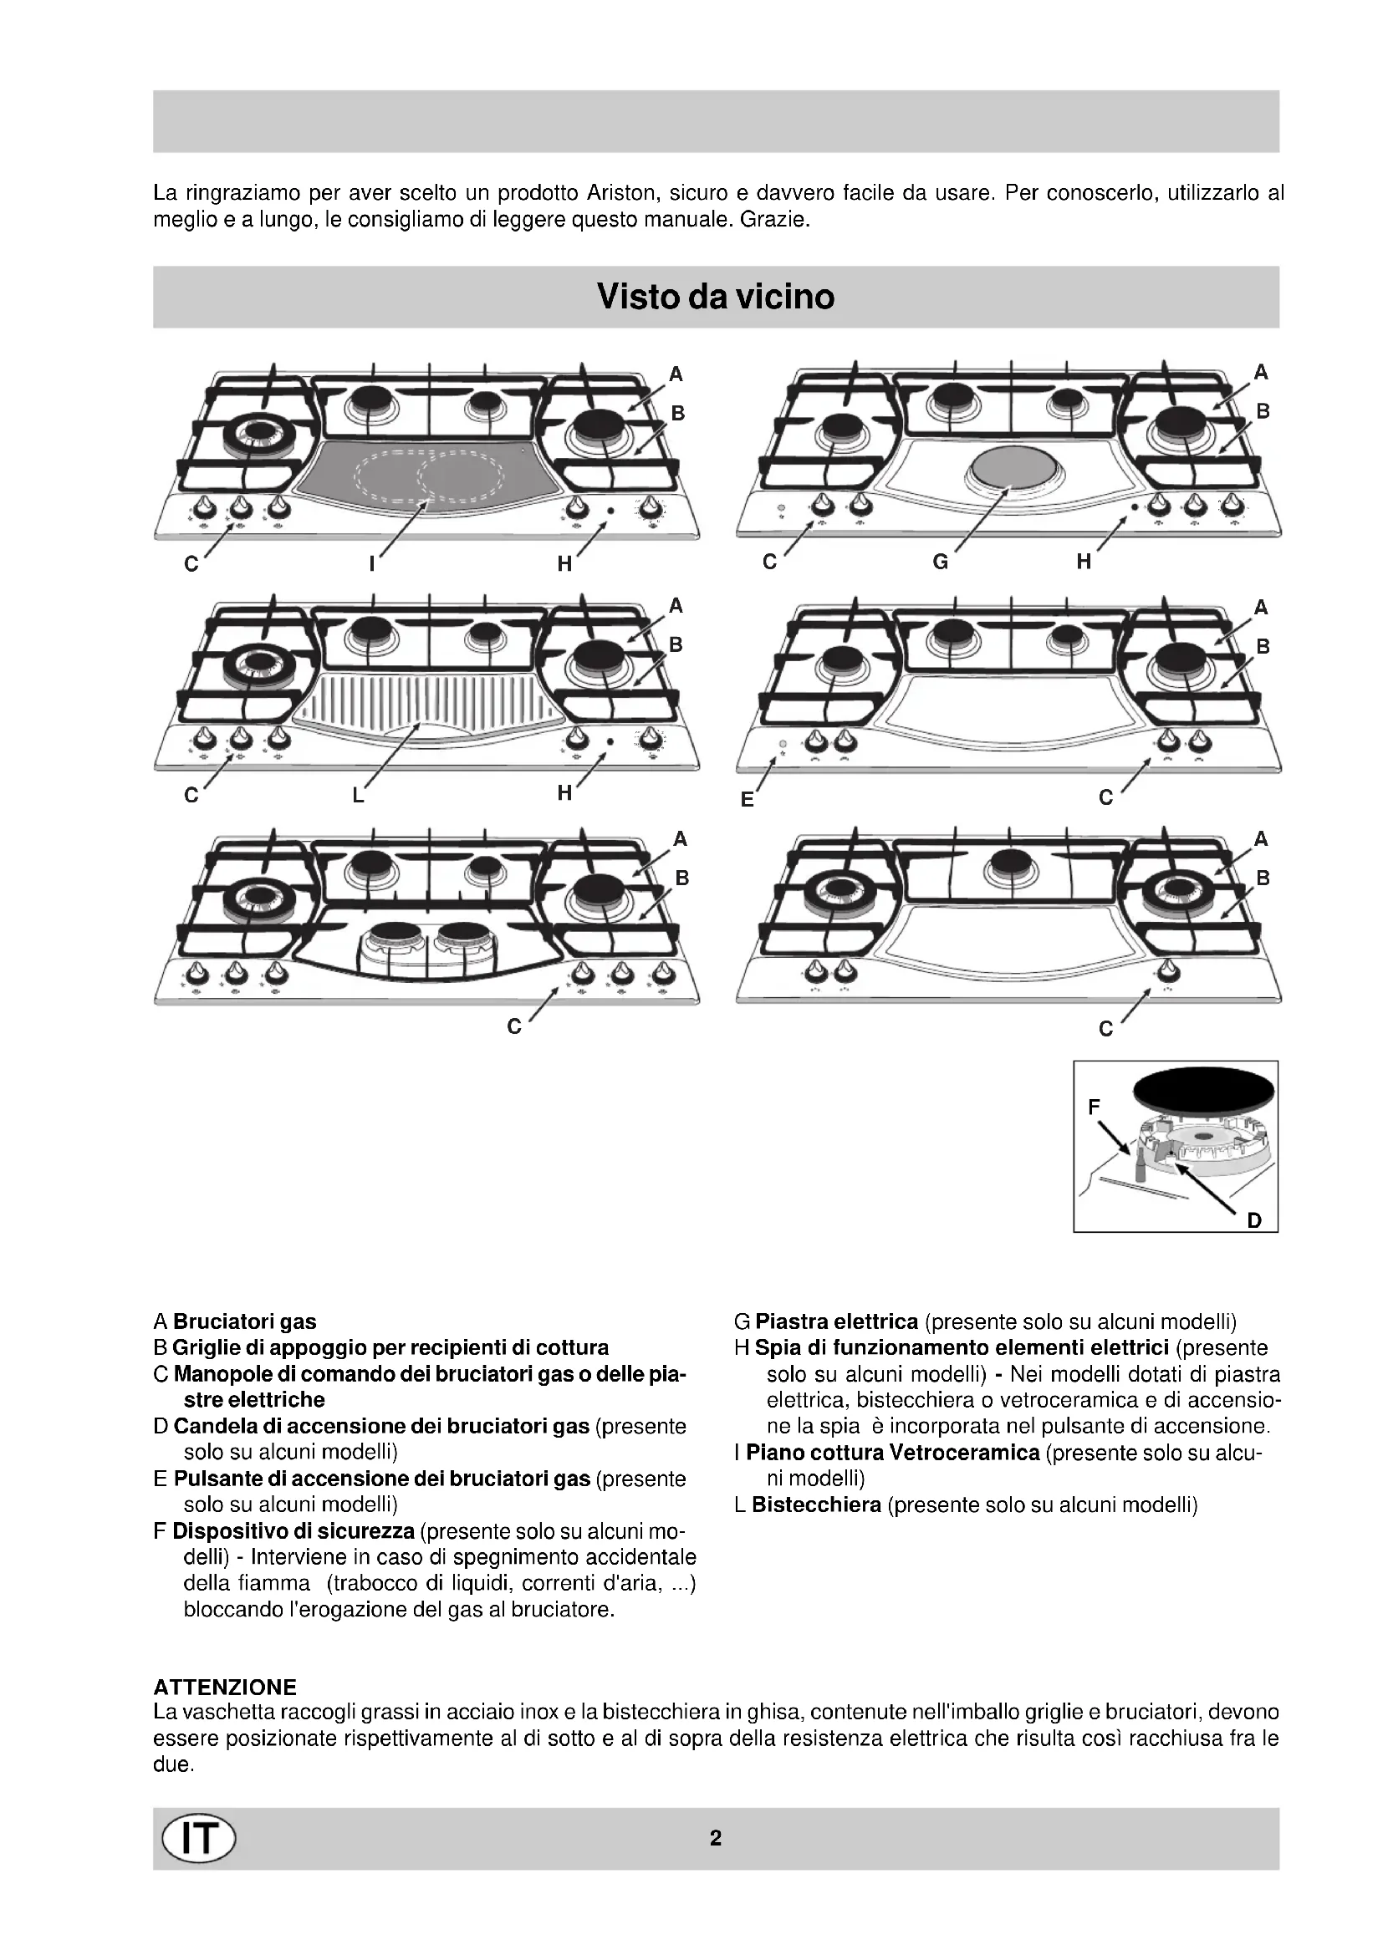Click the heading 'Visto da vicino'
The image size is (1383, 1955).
click(x=716, y=297)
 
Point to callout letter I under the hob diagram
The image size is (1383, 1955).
click(x=372, y=563)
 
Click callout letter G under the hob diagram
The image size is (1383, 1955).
click(x=940, y=562)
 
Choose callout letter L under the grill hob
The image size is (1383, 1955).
click(x=359, y=795)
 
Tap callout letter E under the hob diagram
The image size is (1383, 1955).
click(x=747, y=800)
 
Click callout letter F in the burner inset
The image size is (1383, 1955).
click(x=1095, y=1107)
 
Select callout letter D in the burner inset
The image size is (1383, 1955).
click(x=1253, y=1220)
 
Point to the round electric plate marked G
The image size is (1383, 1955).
click(x=1010, y=468)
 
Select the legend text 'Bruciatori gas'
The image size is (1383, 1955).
click(x=244, y=1321)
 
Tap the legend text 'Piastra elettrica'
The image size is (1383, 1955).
click(x=836, y=1321)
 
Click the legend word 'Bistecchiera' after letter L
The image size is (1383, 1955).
click(x=816, y=1504)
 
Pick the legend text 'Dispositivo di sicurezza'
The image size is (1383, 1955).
click(x=293, y=1531)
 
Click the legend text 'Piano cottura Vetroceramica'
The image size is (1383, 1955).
click(x=892, y=1453)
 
